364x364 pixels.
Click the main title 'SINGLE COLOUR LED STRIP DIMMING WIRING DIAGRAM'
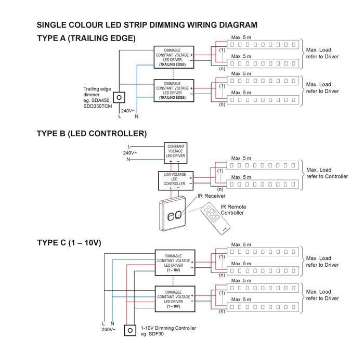pyautogui.click(x=147, y=25)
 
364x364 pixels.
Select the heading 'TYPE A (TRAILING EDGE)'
pyautogui.click(x=86, y=38)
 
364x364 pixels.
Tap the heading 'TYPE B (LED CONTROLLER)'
pyautogui.click(x=92, y=134)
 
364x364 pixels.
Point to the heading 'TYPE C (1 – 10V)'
pyautogui.click(x=69, y=243)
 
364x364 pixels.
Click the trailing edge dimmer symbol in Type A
pyautogui.click(x=119, y=98)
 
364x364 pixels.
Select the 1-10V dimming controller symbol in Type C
pyautogui.click(x=130, y=330)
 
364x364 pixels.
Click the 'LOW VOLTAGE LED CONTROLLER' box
pyautogui.click(x=176, y=181)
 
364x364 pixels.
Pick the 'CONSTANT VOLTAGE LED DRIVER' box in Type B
pyautogui.click(x=176, y=153)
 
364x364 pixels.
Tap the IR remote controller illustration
pyautogui.click(x=215, y=218)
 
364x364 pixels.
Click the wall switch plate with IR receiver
pyautogui.click(x=172, y=214)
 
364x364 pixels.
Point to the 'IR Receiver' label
pyautogui.click(x=211, y=196)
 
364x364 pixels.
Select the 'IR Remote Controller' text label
pyautogui.click(x=233, y=210)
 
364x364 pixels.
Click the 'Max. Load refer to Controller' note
pyautogui.click(x=327, y=173)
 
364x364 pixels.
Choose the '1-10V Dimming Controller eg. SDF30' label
pyautogui.click(x=168, y=331)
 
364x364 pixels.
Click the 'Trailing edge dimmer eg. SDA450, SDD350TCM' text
pyautogui.click(x=98, y=98)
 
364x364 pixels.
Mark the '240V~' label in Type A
pyautogui.click(x=128, y=111)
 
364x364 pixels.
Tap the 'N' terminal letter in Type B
pyautogui.click(x=128, y=159)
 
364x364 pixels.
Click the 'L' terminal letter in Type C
pyautogui.click(x=103, y=323)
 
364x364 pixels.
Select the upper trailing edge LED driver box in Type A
pyautogui.click(x=174, y=57)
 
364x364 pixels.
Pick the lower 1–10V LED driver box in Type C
pyautogui.click(x=175, y=299)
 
